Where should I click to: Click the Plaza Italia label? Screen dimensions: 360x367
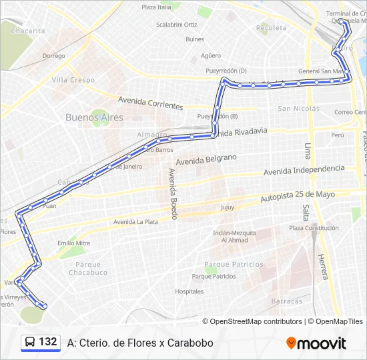click(x=156, y=7)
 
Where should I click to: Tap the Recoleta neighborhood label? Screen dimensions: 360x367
click(x=271, y=28)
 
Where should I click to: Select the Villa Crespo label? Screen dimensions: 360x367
click(x=73, y=80)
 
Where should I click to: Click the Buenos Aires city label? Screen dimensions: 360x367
click(x=94, y=117)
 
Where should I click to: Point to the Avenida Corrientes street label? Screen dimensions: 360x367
click(x=150, y=103)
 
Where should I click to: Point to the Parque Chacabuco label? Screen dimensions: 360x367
click(x=87, y=268)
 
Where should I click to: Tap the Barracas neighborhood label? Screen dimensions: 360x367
click(x=287, y=301)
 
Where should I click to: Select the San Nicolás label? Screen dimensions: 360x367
click(x=298, y=109)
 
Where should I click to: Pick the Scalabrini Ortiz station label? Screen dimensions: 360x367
click(x=177, y=25)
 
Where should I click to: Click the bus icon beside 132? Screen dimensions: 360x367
click(x=30, y=342)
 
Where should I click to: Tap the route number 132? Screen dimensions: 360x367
click(x=47, y=342)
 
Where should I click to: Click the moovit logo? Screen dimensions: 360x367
click(x=316, y=343)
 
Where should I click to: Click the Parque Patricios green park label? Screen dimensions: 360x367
click(x=234, y=265)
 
